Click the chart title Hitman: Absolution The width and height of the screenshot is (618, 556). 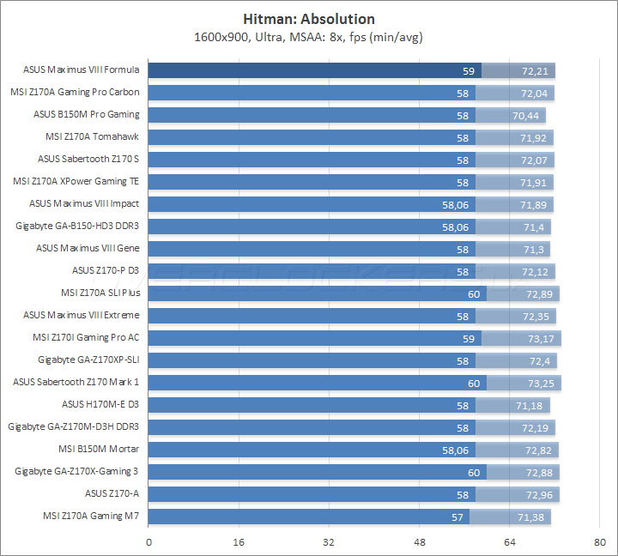(309, 19)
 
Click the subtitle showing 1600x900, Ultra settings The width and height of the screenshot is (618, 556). (309, 36)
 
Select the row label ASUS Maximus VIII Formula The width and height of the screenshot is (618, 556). (82, 70)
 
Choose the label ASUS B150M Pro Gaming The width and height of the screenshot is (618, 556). (86, 114)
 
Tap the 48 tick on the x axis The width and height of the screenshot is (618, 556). (420, 542)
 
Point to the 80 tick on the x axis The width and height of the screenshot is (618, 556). (600, 542)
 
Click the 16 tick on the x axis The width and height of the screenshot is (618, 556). (239, 542)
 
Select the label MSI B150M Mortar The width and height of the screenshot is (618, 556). (98, 449)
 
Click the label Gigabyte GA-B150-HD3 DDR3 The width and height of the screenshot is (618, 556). (77, 226)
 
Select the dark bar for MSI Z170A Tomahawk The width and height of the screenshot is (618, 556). (309, 137)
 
